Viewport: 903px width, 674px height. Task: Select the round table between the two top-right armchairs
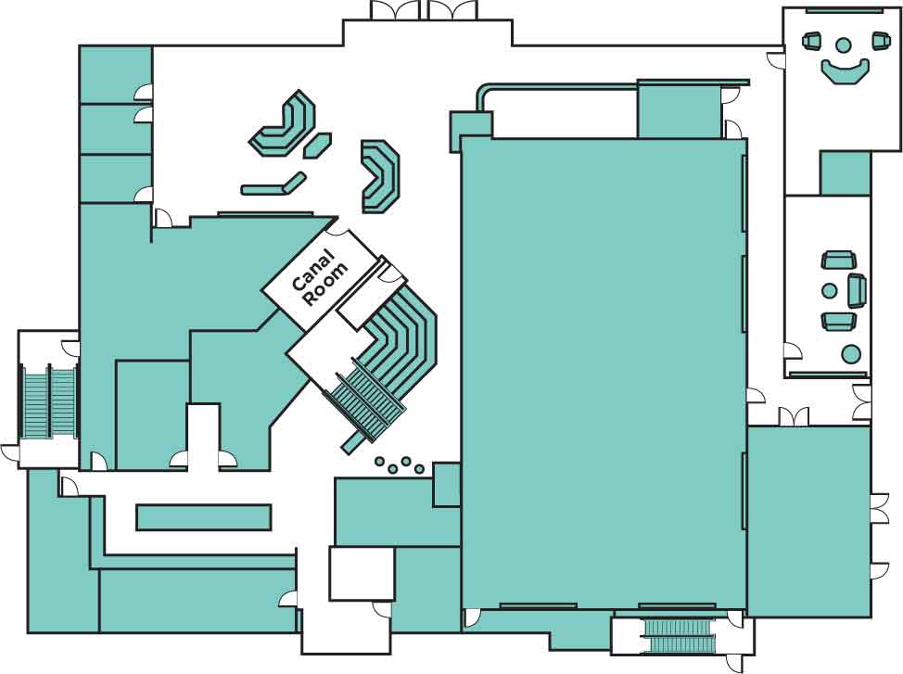[843, 45]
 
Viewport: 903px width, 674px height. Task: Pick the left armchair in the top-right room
[812, 42]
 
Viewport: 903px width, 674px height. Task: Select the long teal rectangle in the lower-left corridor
[204, 517]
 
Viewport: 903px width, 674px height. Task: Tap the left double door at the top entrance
[395, 10]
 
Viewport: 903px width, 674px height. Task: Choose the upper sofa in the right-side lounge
[839, 260]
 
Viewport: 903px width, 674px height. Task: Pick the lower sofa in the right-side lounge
[839, 321]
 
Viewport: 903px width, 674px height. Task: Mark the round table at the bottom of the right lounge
[850, 353]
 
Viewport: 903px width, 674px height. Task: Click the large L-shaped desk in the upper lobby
[284, 126]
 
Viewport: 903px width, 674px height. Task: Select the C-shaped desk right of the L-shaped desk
[380, 175]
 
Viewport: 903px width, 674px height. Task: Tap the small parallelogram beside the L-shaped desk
[317, 146]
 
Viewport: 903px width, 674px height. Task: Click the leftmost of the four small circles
[379, 461]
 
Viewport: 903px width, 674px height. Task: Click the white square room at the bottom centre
[362, 573]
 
